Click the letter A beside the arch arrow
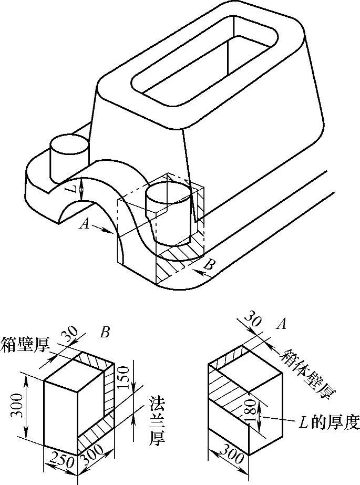(83, 225)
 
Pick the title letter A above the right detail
(281, 325)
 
